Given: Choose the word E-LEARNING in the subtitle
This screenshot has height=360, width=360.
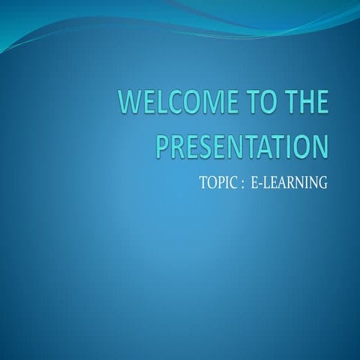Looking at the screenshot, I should point(288,181).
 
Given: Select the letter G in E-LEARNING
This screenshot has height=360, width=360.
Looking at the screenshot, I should point(322,181).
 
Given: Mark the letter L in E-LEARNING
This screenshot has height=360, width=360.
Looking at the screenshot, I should point(266,181).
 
